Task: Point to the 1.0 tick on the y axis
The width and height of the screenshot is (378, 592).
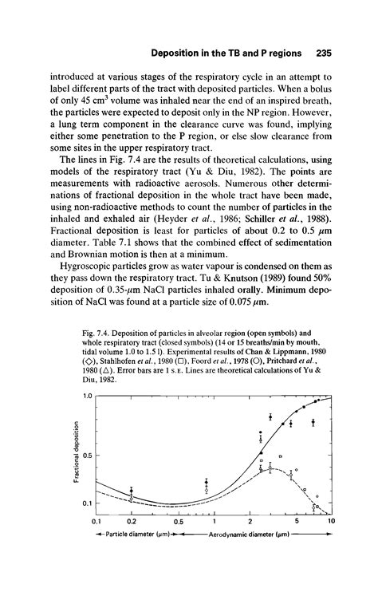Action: click(x=88, y=397)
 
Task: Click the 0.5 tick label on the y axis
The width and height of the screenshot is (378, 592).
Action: click(x=88, y=456)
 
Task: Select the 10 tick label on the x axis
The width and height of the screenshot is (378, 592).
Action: click(x=331, y=522)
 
